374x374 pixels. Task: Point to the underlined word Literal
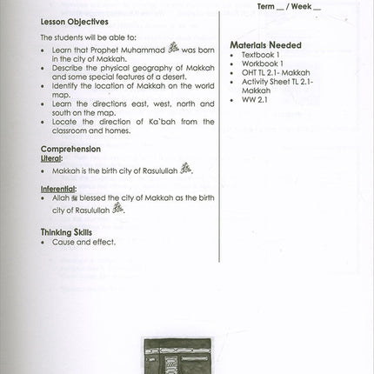[51, 158]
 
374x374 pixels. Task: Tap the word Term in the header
[268, 6]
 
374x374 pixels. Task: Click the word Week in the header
[306, 6]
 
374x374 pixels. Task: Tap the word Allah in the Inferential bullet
[61, 198]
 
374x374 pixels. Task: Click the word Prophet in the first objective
[100, 50]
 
